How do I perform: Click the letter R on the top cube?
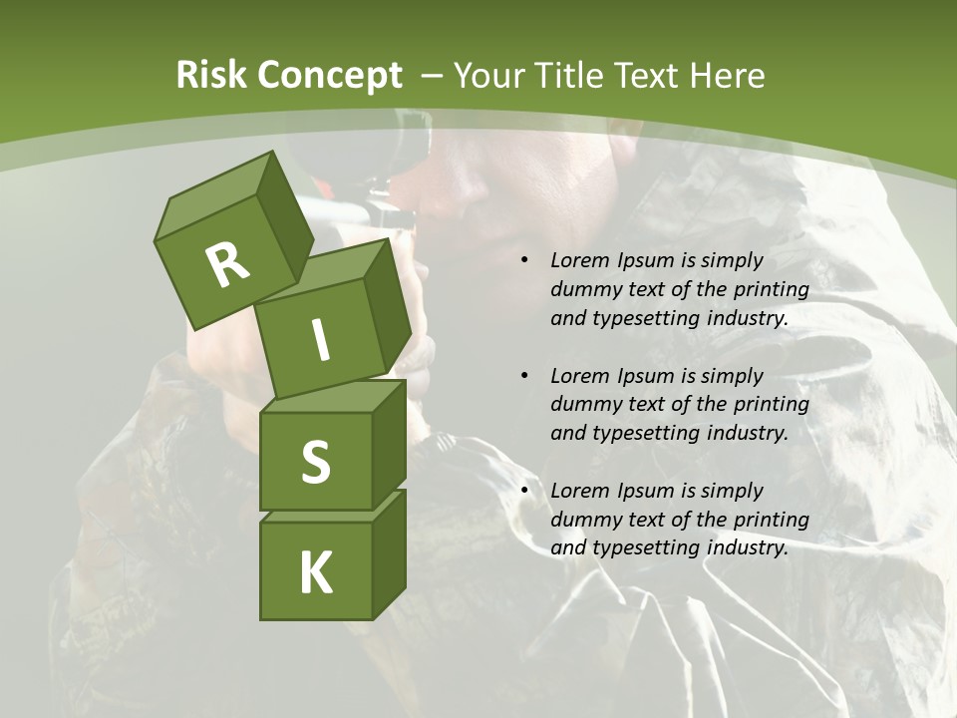227,265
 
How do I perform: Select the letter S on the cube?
315,462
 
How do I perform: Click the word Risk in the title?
210,75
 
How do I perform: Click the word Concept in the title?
329,75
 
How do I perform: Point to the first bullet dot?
524,261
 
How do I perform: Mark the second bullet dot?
524,376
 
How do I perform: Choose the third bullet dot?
524,491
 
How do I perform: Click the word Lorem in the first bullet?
578,260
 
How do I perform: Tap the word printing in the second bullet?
769,404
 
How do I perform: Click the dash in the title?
433,75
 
